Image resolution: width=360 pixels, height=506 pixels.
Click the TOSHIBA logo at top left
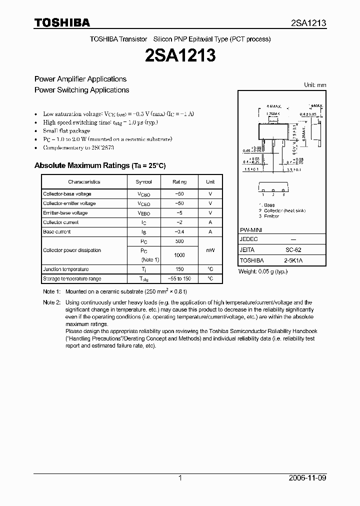click(x=62, y=22)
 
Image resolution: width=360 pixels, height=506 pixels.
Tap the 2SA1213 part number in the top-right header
click(x=308, y=23)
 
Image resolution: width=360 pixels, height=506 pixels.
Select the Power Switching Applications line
click(x=81, y=90)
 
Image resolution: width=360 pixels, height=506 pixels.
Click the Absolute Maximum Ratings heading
click(x=99, y=165)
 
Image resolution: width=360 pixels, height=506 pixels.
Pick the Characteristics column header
click(x=84, y=182)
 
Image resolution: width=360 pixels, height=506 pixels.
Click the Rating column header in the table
click(x=179, y=182)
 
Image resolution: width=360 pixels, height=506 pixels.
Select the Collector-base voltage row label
click(x=67, y=194)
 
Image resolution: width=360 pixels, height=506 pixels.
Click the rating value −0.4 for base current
click(x=179, y=232)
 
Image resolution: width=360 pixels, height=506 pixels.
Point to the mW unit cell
click(x=210, y=250)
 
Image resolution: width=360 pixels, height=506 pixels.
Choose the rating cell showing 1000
click(x=179, y=255)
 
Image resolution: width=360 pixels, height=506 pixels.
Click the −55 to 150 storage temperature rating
click(x=179, y=278)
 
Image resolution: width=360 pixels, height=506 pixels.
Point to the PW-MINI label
click(x=251, y=229)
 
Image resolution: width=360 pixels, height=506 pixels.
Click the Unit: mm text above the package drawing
click(x=315, y=85)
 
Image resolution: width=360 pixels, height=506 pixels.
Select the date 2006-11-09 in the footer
click(x=307, y=478)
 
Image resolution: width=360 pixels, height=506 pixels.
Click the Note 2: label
click(x=51, y=302)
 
